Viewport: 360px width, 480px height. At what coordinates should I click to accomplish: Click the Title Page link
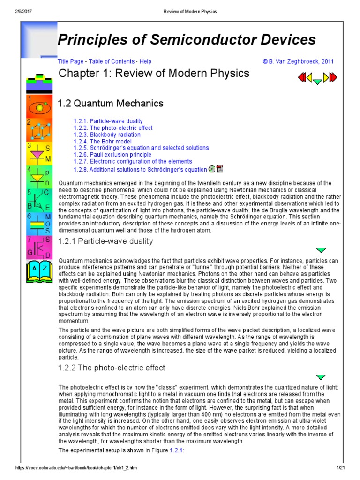click(69, 61)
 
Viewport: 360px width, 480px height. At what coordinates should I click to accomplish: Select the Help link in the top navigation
click(145, 61)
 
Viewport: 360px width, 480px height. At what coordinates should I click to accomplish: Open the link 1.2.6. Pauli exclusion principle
click(112, 154)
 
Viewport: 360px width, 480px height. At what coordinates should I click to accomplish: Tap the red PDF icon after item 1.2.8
click(220, 169)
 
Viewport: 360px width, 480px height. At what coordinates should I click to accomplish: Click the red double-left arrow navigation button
click(302, 76)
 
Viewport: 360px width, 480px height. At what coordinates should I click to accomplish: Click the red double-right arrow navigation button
click(332, 76)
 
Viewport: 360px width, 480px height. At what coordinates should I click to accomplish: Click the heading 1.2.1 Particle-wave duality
click(105, 241)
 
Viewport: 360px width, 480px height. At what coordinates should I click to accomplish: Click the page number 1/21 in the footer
click(340, 468)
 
